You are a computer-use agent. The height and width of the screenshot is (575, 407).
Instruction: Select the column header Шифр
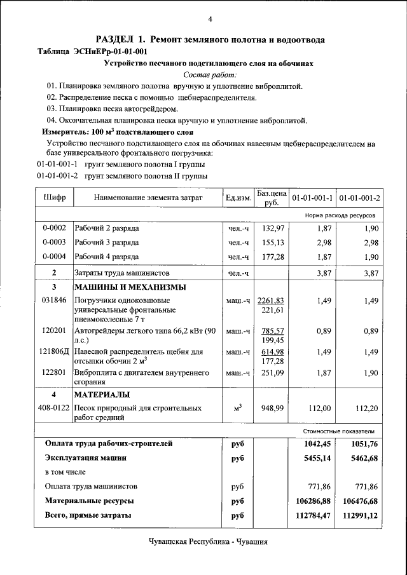coord(55,198)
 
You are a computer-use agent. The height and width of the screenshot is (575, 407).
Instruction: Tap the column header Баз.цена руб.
coord(272,198)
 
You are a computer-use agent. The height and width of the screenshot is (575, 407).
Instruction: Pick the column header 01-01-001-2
coord(360,198)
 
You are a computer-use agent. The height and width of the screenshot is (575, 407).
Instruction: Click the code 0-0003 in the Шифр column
coord(54,242)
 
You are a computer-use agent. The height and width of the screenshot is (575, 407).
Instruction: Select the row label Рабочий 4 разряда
coord(106,257)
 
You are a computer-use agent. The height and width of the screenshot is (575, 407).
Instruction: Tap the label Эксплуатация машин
coord(85,457)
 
